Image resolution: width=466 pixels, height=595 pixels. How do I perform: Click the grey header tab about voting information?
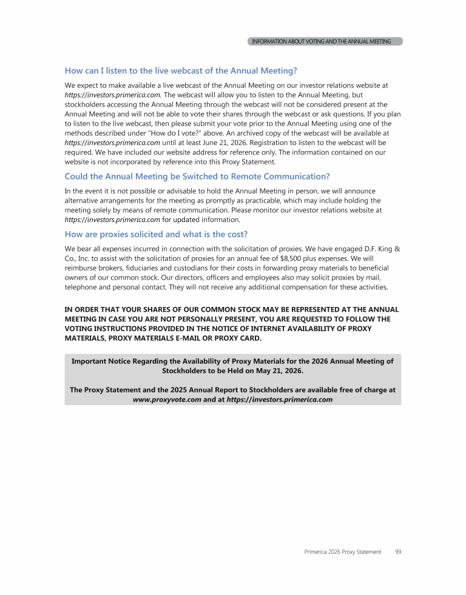pyautogui.click(x=325, y=41)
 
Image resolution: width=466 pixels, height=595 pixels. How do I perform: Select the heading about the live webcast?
pyautogui.click(x=180, y=71)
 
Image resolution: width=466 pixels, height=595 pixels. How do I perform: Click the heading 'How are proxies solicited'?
pyautogui.click(x=156, y=234)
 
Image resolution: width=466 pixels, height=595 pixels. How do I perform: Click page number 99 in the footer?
pyautogui.click(x=398, y=552)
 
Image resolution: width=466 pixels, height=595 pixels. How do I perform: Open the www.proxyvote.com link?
pyautogui.click(x=167, y=400)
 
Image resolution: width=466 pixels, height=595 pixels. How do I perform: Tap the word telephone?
pyautogui.click(x=81, y=287)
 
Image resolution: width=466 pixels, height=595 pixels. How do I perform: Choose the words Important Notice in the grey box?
pyautogui.click(x=103, y=361)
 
